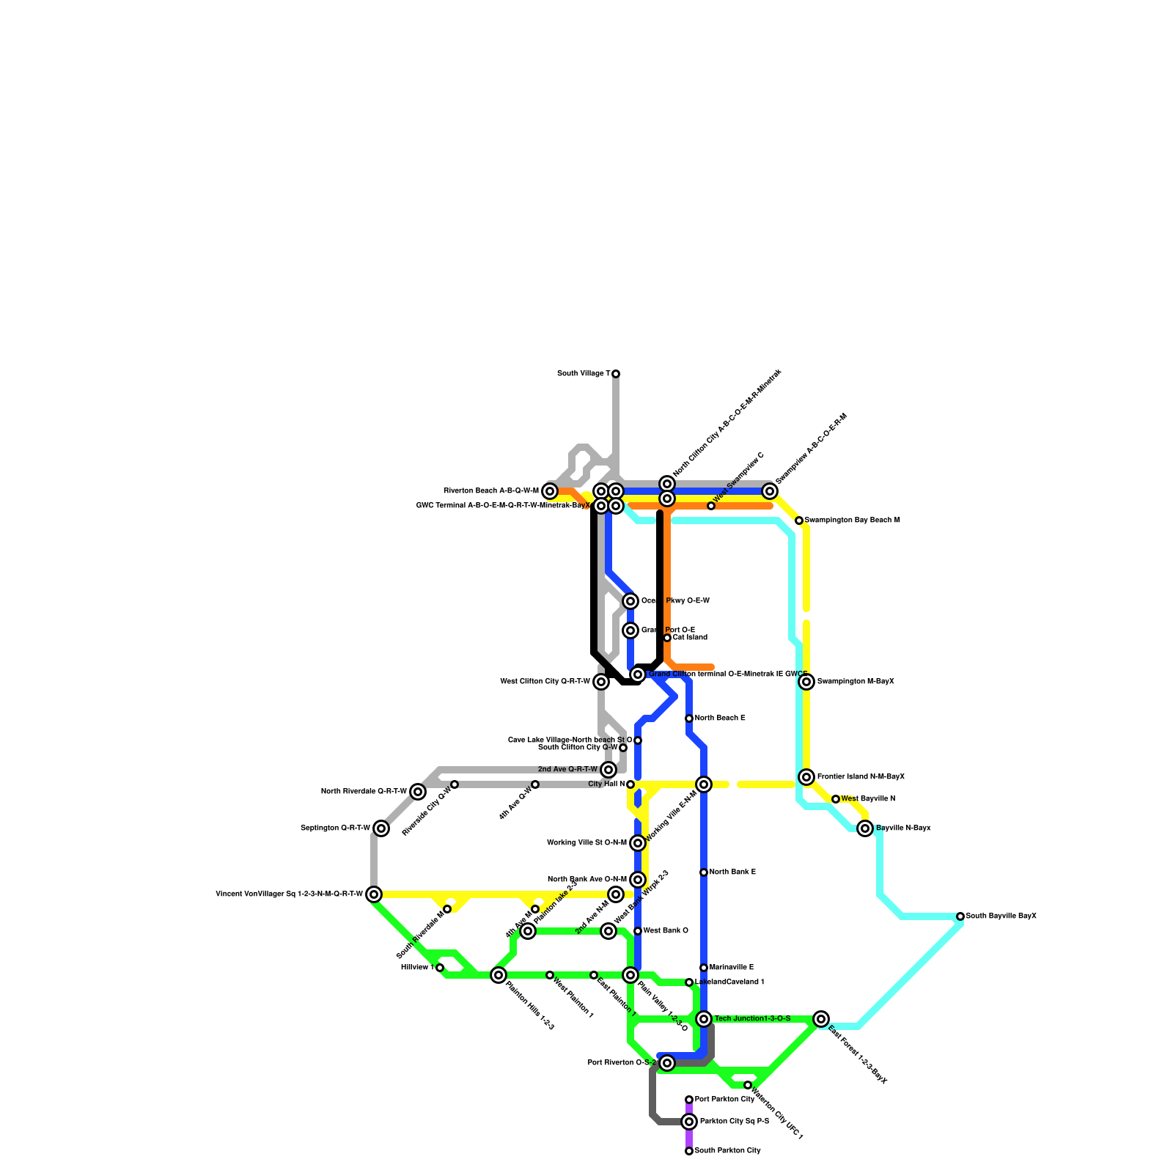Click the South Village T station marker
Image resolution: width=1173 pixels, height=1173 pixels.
[616, 374]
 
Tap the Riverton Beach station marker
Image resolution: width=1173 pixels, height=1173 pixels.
[550, 491]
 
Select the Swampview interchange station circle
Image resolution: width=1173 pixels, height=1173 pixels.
[770, 491]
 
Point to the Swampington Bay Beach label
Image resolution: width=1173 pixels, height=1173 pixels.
[852, 521]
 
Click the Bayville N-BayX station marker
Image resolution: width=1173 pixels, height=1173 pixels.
[865, 828]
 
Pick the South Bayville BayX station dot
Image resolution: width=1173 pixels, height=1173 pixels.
[960, 916]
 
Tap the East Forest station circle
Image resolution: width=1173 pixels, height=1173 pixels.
[821, 1019]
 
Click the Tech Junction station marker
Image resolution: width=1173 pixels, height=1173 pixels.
[704, 1019]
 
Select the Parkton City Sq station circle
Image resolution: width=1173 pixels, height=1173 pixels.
[689, 1122]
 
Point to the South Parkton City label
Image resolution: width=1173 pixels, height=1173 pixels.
[727, 1151]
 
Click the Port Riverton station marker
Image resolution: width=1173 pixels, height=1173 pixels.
[667, 1063]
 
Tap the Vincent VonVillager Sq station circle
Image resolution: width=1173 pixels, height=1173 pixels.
[374, 894]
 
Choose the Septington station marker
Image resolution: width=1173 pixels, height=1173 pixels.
[381, 828]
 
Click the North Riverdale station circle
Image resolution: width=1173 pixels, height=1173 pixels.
[418, 792]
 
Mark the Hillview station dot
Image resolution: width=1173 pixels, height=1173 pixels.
[440, 968]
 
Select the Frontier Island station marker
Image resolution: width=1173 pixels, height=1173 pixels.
[806, 777]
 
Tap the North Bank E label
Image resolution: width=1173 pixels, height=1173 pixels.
[732, 872]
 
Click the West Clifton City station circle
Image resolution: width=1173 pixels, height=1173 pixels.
[601, 682]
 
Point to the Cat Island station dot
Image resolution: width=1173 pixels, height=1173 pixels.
[667, 638]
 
